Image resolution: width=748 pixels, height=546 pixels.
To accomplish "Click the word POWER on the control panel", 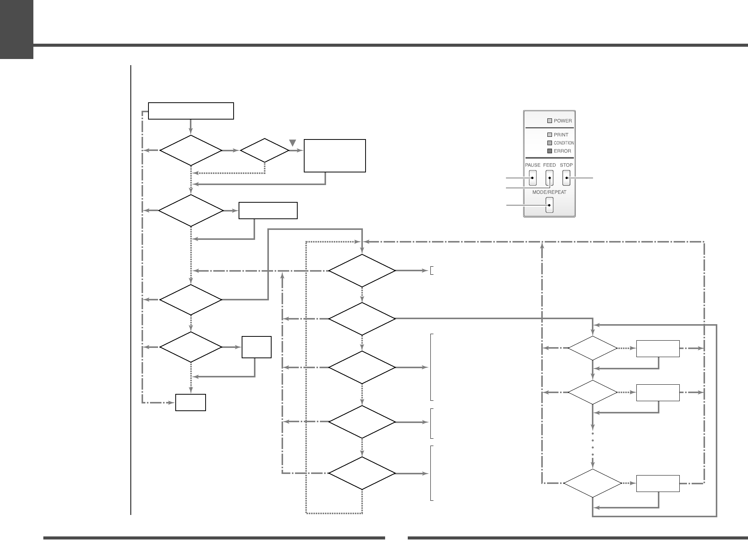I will [563, 121].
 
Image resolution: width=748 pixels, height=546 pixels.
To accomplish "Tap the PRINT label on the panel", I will [561, 135].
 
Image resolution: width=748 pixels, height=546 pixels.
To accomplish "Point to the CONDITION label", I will [564, 143].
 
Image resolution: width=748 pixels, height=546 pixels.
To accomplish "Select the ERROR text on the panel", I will [562, 151].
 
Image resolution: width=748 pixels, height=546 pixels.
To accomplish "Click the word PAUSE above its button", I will [532, 165].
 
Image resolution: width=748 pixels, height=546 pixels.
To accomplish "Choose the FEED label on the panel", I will [549, 165].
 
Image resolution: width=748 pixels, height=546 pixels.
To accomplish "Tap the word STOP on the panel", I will [566, 165].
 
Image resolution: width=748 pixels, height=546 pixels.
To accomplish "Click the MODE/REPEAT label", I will [549, 192].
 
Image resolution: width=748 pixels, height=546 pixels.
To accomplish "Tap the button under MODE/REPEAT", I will [549, 205].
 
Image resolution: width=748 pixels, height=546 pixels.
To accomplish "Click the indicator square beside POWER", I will [550, 121].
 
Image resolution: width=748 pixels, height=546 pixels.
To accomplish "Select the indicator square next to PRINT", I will [550, 135].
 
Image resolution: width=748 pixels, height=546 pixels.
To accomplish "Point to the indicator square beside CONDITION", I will [550, 143].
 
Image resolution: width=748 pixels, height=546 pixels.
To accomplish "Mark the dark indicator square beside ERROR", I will [550, 151].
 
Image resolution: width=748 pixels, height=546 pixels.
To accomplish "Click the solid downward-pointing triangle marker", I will [293, 143].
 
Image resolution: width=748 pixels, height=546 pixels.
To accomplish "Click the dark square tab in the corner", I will [16, 30].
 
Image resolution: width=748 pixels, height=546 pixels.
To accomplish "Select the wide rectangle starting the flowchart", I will [191, 111].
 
